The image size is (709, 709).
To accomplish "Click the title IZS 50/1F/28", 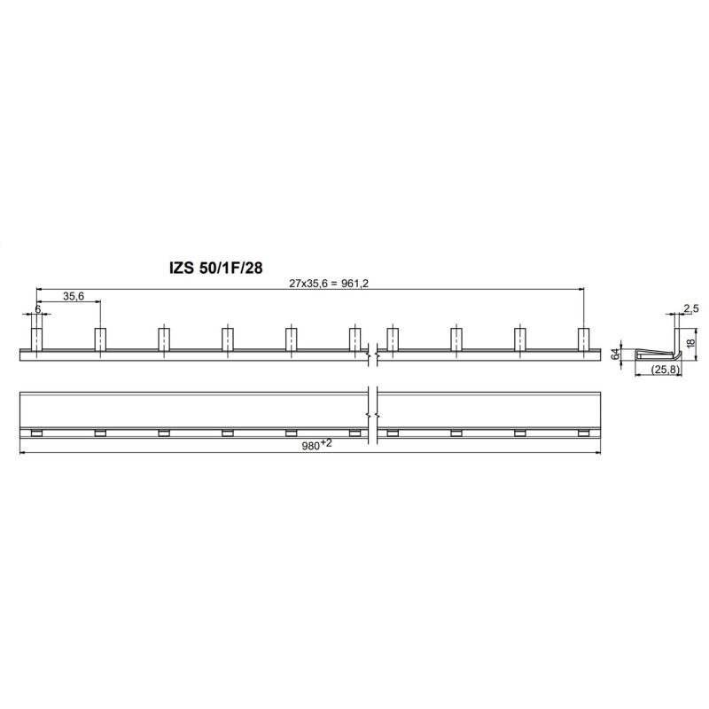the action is pyautogui.click(x=215, y=268).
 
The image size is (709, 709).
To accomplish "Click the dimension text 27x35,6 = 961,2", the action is pyautogui.click(x=329, y=284).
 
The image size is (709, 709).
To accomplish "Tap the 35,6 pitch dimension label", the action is pyautogui.click(x=74, y=296).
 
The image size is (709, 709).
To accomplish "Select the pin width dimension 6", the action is pyautogui.click(x=38, y=308).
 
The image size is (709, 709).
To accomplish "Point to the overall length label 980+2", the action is pyautogui.click(x=316, y=445).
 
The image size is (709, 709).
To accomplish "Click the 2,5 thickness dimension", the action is pyautogui.click(x=691, y=308).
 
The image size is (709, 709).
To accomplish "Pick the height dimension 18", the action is pyautogui.click(x=691, y=343).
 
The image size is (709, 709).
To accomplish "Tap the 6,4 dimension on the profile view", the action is pyautogui.click(x=615, y=354).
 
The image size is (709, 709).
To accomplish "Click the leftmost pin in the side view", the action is pyautogui.click(x=36, y=339).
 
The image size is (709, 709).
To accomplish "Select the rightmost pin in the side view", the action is pyautogui.click(x=584, y=339).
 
